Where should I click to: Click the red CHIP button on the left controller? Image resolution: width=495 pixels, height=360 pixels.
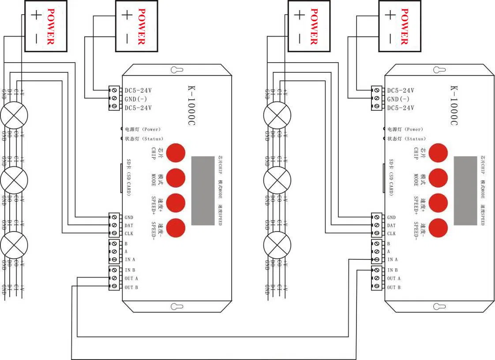[176, 152]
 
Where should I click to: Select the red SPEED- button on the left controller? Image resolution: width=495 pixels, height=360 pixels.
[176, 228]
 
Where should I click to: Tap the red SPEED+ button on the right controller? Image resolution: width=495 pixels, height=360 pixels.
[439, 202]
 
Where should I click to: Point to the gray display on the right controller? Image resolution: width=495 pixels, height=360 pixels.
[466, 191]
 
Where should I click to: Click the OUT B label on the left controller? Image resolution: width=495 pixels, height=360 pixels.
[131, 287]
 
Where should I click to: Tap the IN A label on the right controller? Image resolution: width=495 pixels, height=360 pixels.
[392, 260]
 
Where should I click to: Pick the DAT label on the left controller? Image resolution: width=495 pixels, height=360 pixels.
[129, 225]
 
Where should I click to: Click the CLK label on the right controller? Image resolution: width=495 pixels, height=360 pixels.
[391, 234]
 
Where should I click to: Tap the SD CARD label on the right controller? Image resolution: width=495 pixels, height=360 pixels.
[391, 178]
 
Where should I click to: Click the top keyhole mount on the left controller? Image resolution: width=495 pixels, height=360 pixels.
[177, 70]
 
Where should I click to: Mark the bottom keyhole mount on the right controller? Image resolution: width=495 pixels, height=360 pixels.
[439, 306]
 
